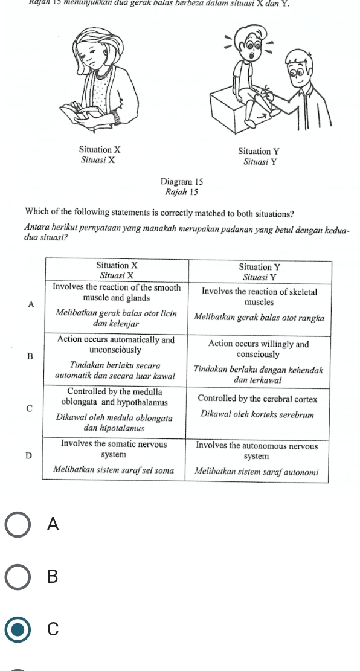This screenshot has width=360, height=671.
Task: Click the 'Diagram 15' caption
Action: [182, 182]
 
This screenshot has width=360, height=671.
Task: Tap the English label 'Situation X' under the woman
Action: [99, 149]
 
